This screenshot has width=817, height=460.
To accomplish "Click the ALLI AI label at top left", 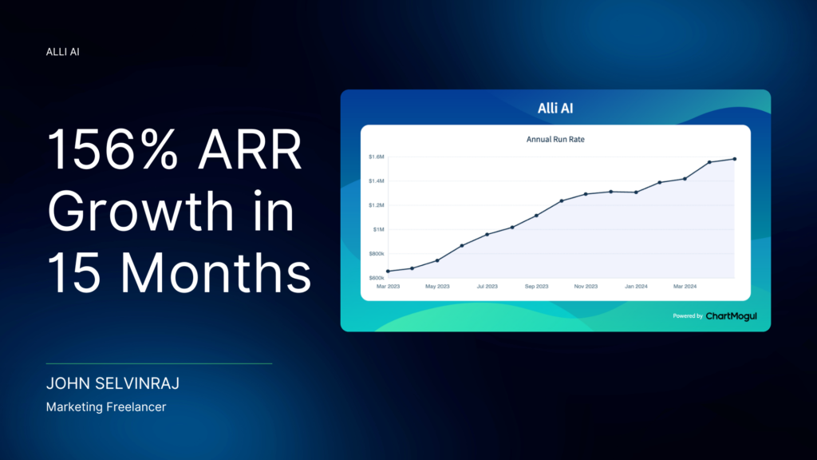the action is (62, 52).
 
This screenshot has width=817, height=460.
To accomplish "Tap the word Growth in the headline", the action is (140, 211).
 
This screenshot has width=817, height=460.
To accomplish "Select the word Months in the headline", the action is (215, 273).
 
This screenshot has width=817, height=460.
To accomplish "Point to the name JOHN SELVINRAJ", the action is (112, 383).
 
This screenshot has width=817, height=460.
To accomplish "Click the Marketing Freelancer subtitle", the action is (106, 406).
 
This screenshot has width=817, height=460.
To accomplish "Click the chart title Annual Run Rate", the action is (555, 139).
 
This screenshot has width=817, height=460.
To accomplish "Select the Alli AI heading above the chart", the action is (555, 108).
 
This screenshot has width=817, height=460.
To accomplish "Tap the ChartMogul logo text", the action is (731, 316).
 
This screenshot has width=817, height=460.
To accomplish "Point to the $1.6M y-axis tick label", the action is (377, 157).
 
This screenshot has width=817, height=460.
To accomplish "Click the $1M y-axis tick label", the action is (378, 229).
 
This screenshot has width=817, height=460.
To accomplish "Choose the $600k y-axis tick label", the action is (377, 278).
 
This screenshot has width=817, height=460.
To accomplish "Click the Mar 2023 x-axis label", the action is (389, 287).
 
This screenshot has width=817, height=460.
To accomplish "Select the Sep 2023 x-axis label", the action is (537, 287).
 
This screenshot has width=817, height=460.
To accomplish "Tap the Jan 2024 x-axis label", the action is (636, 287).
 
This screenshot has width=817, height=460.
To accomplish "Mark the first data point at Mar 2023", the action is (388, 272).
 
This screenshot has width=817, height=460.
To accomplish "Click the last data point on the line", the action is (735, 159).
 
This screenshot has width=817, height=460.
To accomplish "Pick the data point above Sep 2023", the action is (537, 216).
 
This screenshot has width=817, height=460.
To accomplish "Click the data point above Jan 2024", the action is (636, 192).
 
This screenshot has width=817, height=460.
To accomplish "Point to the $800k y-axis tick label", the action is (377, 254).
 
